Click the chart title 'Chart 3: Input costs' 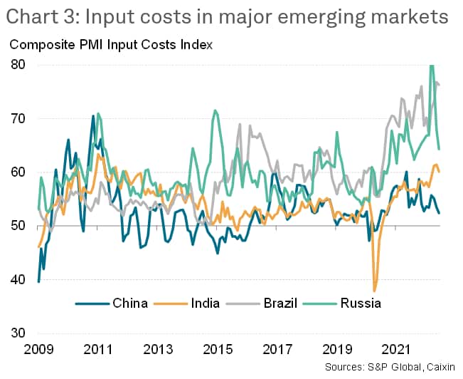click(x=228, y=16)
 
